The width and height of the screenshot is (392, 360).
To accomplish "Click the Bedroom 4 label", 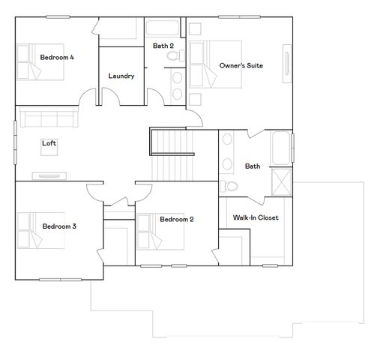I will pos(56,57).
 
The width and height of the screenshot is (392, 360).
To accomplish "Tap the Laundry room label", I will pos(121,76).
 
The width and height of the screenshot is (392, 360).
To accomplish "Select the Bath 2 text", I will pos(163,46).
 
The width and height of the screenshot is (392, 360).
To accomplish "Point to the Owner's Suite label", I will pos(241,66).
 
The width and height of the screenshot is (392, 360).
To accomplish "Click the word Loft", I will pos(49,142).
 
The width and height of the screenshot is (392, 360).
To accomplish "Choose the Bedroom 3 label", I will pos(59,226).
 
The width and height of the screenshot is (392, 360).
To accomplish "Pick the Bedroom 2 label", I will pos(176,219).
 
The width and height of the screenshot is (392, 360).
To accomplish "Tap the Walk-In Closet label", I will pos(256,217).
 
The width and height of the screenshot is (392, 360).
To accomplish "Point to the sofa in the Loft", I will pos(46,118).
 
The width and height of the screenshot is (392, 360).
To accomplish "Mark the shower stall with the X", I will pos(282,183).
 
